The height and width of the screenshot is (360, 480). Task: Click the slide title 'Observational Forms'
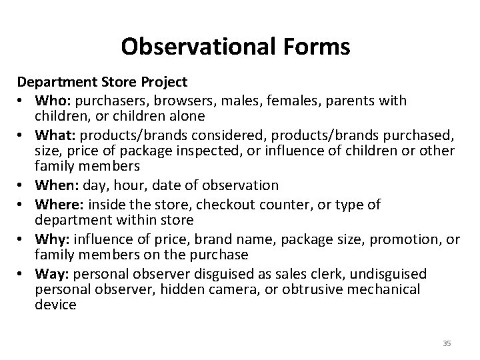tap(236, 47)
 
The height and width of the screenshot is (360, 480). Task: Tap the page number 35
tap(447, 343)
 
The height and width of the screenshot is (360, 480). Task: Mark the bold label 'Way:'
tap(50, 274)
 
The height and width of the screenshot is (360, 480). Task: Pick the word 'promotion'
tap(391, 239)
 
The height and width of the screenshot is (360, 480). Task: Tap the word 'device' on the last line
tap(56, 305)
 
